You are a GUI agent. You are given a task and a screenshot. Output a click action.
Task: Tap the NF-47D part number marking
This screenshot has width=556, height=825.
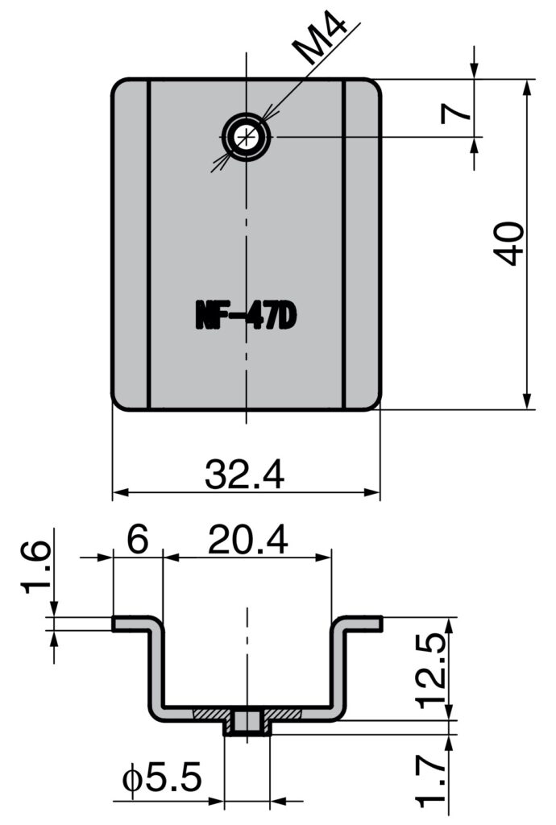tap(246, 316)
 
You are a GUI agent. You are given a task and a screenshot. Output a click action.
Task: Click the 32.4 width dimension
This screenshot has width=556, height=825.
tap(244, 475)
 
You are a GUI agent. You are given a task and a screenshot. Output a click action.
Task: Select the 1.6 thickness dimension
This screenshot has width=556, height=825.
tap(35, 566)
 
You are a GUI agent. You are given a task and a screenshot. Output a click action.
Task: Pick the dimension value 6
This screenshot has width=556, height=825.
tap(138, 540)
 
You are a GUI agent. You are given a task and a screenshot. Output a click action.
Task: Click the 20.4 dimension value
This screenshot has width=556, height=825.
tap(247, 540)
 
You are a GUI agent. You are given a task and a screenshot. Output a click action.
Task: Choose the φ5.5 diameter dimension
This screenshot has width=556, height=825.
tap(161, 780)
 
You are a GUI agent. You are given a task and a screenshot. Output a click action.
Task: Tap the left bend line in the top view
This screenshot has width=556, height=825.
tap(149, 243)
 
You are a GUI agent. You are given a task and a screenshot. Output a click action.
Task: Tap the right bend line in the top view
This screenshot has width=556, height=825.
tap(344, 243)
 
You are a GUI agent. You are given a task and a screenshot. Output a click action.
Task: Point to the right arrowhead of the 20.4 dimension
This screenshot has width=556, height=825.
tap(326, 556)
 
